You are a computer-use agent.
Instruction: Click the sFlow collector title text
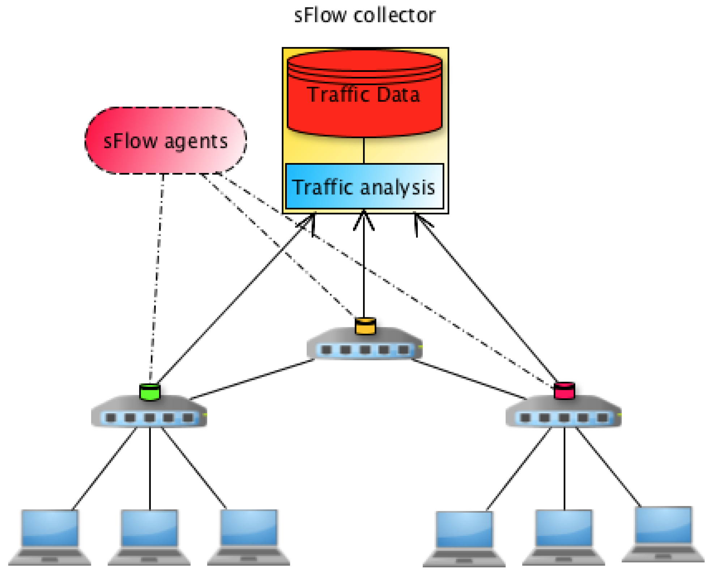[x=365, y=16]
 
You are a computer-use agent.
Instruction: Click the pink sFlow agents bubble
[x=165, y=140]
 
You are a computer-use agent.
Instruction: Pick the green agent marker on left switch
[x=150, y=392]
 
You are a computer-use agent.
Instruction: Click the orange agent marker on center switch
[x=365, y=326]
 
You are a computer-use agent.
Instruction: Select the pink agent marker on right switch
[x=564, y=391]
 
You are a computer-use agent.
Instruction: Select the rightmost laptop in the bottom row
[x=664, y=535]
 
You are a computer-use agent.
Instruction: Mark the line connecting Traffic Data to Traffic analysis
[x=364, y=150]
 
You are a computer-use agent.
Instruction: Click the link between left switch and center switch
[x=252, y=379]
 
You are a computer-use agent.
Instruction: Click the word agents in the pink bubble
[x=196, y=141]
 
